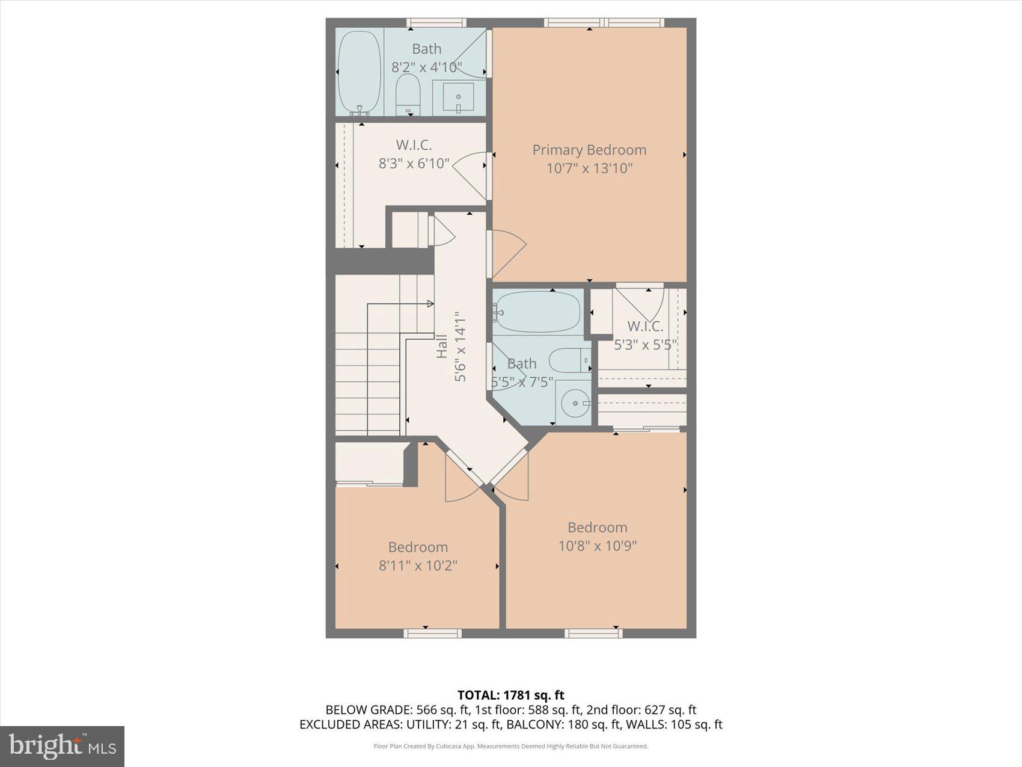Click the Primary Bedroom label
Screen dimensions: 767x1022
(589, 150)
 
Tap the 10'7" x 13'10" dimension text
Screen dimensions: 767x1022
(589, 168)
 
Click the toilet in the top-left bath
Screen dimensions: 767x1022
(408, 95)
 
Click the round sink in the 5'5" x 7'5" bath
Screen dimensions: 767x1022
(576, 404)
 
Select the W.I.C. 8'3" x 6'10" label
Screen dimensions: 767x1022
(414, 154)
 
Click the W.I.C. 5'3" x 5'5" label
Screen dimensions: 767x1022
(645, 336)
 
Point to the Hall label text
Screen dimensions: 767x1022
(442, 347)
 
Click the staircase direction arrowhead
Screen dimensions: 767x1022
(430, 304)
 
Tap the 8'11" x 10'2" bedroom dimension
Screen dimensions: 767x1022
(418, 565)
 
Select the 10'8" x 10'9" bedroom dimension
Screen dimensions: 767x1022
(597, 546)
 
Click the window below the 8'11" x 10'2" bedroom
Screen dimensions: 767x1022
(432, 633)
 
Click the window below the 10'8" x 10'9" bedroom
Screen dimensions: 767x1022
(593, 633)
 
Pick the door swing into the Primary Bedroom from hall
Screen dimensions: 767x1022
(508, 253)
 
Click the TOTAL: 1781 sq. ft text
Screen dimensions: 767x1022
(510, 695)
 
